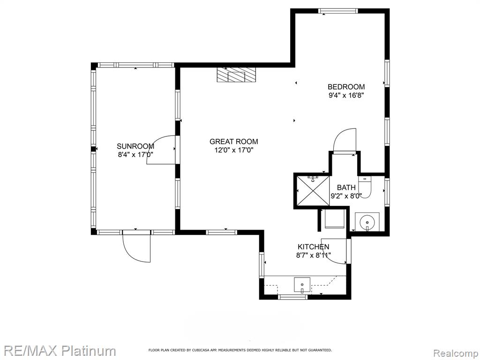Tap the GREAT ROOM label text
233,142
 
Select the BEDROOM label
346,87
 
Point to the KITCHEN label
314,247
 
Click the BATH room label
346,187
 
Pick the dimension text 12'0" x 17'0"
233,150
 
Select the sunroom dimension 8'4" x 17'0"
135,155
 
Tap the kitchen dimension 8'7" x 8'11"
314,255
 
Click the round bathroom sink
367,222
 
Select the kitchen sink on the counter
302,285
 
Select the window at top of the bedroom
338,11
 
